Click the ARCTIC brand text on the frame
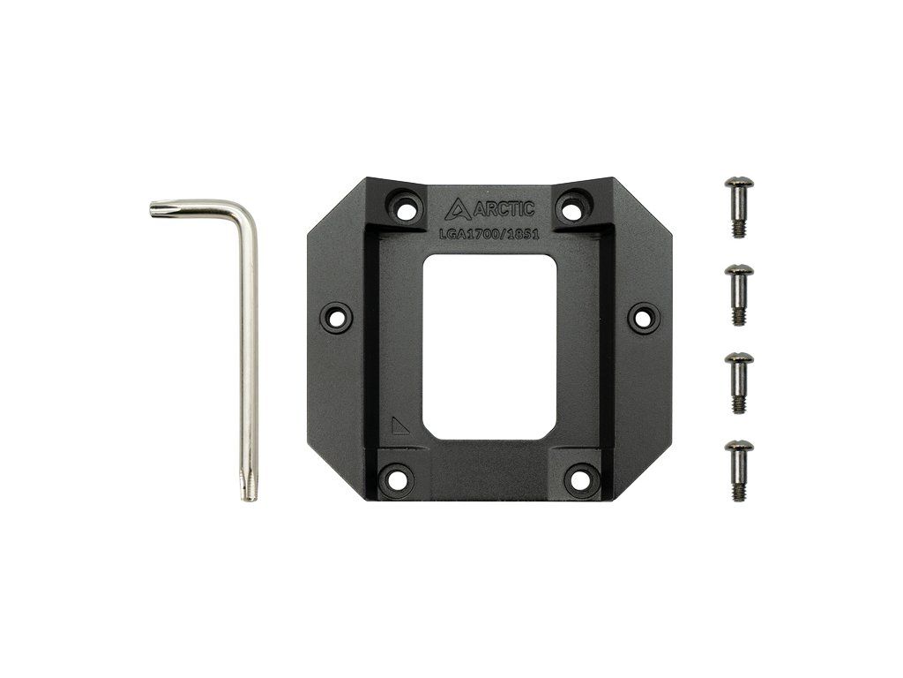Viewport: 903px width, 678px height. pyautogui.click(x=504, y=208)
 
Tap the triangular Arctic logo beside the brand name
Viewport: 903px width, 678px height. pyautogui.click(x=459, y=209)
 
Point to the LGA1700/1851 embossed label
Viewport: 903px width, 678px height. pyautogui.click(x=489, y=235)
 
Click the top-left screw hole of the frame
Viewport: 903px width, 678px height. pyautogui.click(x=406, y=207)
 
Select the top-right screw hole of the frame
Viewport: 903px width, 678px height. pyautogui.click(x=571, y=207)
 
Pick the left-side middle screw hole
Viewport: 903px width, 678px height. pyautogui.click(x=336, y=317)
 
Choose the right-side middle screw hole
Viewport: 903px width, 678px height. pyautogui.click(x=643, y=317)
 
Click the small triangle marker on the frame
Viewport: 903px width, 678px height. pyautogui.click(x=400, y=426)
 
